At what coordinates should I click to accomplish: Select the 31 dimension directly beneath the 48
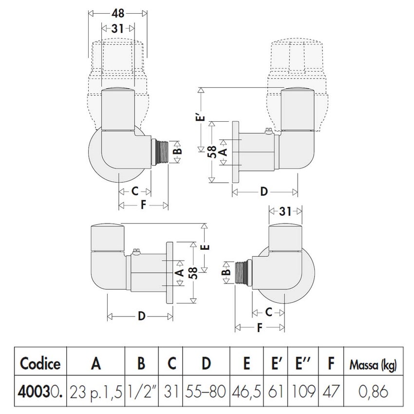117,29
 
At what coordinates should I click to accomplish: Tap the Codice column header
40,363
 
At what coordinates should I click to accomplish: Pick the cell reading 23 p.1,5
95,391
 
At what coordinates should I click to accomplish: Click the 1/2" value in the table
141,391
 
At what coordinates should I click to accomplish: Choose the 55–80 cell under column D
207,391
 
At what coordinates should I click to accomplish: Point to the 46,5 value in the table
247,391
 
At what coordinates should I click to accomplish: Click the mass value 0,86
369,391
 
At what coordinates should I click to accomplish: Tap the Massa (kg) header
369,363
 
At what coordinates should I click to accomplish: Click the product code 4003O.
40,391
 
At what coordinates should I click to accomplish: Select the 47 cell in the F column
331,391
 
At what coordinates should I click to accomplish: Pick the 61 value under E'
276,391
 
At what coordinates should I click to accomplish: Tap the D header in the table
207,363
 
